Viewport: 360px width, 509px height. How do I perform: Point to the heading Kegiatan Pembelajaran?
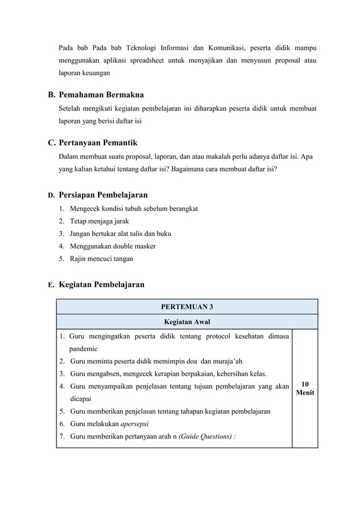pyautogui.click(x=102, y=284)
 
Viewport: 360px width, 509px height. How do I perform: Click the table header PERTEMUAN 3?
pyautogui.click(x=187, y=307)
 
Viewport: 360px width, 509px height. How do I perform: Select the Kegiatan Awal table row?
pyautogui.click(x=187, y=322)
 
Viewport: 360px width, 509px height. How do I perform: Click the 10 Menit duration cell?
pyautogui.click(x=305, y=388)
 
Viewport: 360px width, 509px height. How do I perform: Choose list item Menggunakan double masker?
pyautogui.click(x=112, y=246)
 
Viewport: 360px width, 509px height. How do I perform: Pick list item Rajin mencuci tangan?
pyautogui.click(x=101, y=259)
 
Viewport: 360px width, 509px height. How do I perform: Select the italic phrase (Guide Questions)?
pyautogui.click(x=204, y=436)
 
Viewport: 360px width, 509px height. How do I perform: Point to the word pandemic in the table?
pyautogui.click(x=84, y=349)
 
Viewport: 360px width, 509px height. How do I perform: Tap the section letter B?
pyautogui.click(x=51, y=94)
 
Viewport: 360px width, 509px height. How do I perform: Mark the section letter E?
pyautogui.click(x=51, y=285)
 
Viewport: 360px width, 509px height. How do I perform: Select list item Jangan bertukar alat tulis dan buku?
pyautogui.click(x=120, y=234)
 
